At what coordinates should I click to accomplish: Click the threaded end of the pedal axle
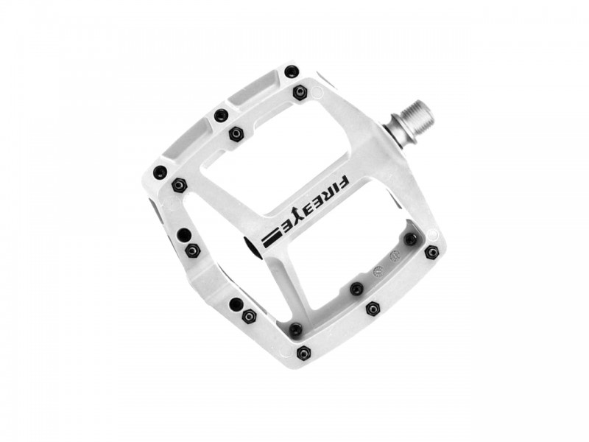[x=417, y=120]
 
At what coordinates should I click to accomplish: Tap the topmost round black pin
[x=291, y=70]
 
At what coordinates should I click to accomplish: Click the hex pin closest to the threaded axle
[x=300, y=92]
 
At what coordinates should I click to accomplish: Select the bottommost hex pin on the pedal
[x=304, y=353]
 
